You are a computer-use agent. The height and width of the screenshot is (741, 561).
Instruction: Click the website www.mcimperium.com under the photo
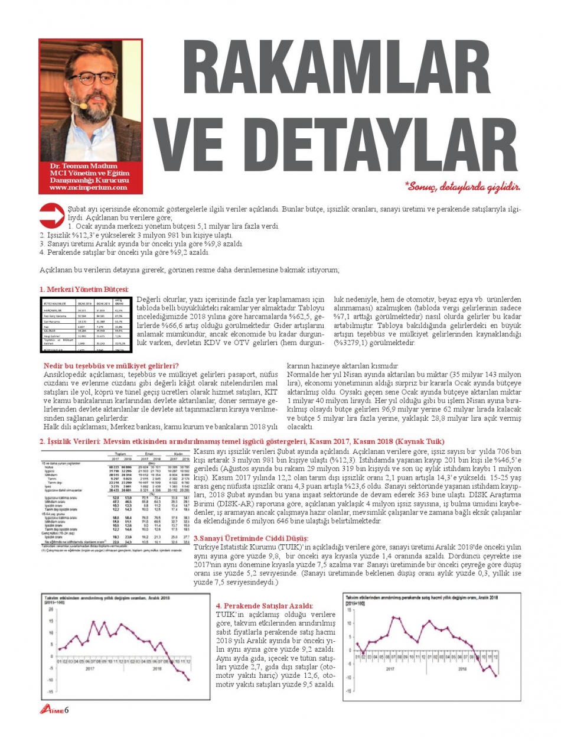(x=88, y=187)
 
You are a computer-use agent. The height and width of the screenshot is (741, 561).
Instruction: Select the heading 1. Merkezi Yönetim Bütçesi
(x=84, y=289)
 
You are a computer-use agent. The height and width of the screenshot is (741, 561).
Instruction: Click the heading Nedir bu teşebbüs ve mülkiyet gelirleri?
(x=112, y=366)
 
